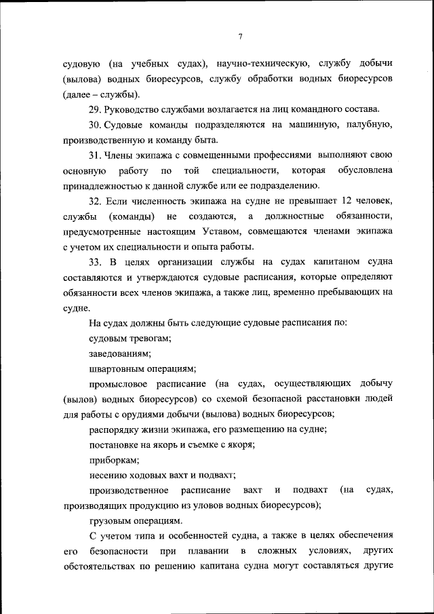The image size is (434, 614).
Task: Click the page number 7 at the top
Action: (240, 37)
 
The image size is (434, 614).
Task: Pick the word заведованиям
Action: (120, 353)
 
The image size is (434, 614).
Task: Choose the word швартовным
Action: (117, 369)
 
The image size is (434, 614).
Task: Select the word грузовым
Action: (111, 521)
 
